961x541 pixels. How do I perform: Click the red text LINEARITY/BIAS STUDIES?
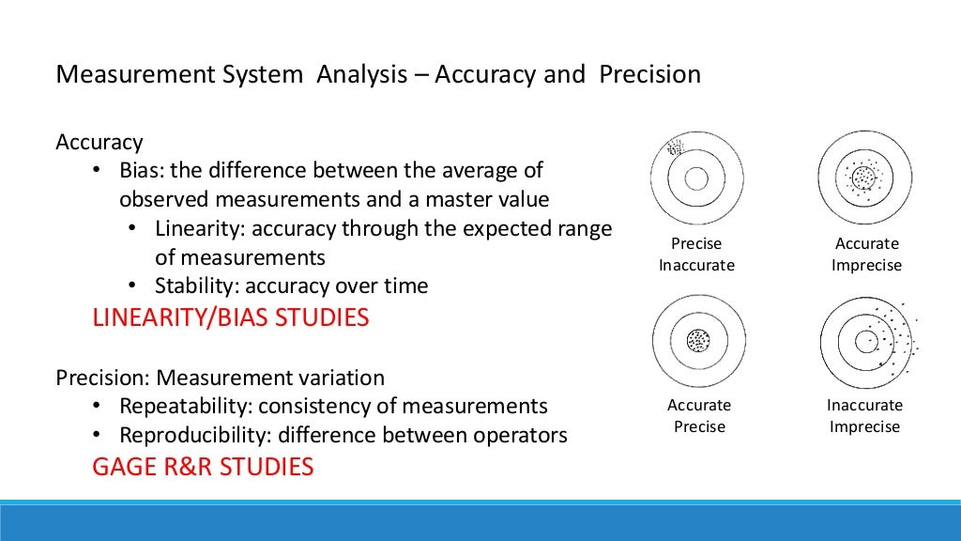[x=230, y=317]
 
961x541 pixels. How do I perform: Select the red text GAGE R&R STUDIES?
[x=203, y=466]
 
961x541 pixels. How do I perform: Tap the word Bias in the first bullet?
[x=139, y=171]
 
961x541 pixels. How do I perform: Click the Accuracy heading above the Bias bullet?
[x=99, y=142]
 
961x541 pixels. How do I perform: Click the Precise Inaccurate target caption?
[x=696, y=255]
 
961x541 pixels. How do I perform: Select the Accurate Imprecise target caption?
[x=866, y=255]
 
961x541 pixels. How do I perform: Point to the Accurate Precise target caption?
[x=698, y=416]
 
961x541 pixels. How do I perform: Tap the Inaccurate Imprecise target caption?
[x=864, y=416]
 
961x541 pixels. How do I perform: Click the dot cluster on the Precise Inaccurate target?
[x=675, y=147]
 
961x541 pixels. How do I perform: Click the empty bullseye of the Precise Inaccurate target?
[x=696, y=178]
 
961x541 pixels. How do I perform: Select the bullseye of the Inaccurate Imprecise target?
[x=865, y=342]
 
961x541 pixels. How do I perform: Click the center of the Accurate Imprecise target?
[x=864, y=178]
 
